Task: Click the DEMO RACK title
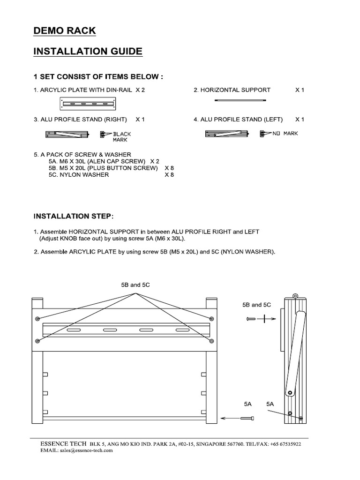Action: (x=65, y=31)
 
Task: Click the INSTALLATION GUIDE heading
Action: (x=88, y=52)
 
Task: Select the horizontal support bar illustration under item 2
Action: (x=240, y=100)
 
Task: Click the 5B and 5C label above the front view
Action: (x=135, y=285)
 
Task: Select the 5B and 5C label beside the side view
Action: (x=256, y=305)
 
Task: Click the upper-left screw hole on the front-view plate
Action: (x=37, y=319)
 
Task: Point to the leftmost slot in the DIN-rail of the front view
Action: (x=73, y=331)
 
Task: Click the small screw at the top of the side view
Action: (x=295, y=296)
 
